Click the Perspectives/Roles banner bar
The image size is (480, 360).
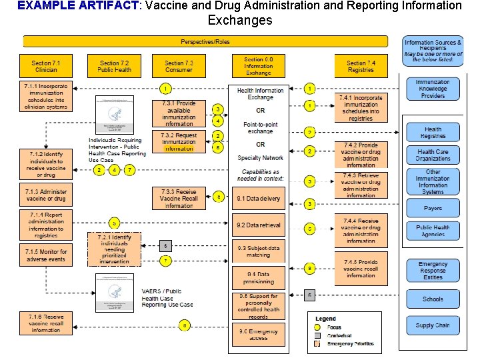(x=205, y=42)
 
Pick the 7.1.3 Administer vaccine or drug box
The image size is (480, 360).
(x=46, y=195)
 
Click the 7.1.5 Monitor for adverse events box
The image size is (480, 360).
(x=46, y=255)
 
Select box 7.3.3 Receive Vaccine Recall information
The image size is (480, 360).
(x=179, y=198)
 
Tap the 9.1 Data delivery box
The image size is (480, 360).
(x=259, y=199)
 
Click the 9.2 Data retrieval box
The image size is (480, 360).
(x=259, y=225)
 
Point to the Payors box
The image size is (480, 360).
(x=433, y=209)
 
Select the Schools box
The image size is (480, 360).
(x=433, y=299)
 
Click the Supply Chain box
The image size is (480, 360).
(x=433, y=325)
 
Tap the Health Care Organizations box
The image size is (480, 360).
(x=433, y=155)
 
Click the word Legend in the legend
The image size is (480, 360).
(x=326, y=319)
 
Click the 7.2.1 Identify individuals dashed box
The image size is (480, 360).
(x=114, y=249)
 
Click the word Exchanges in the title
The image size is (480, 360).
(x=240, y=20)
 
